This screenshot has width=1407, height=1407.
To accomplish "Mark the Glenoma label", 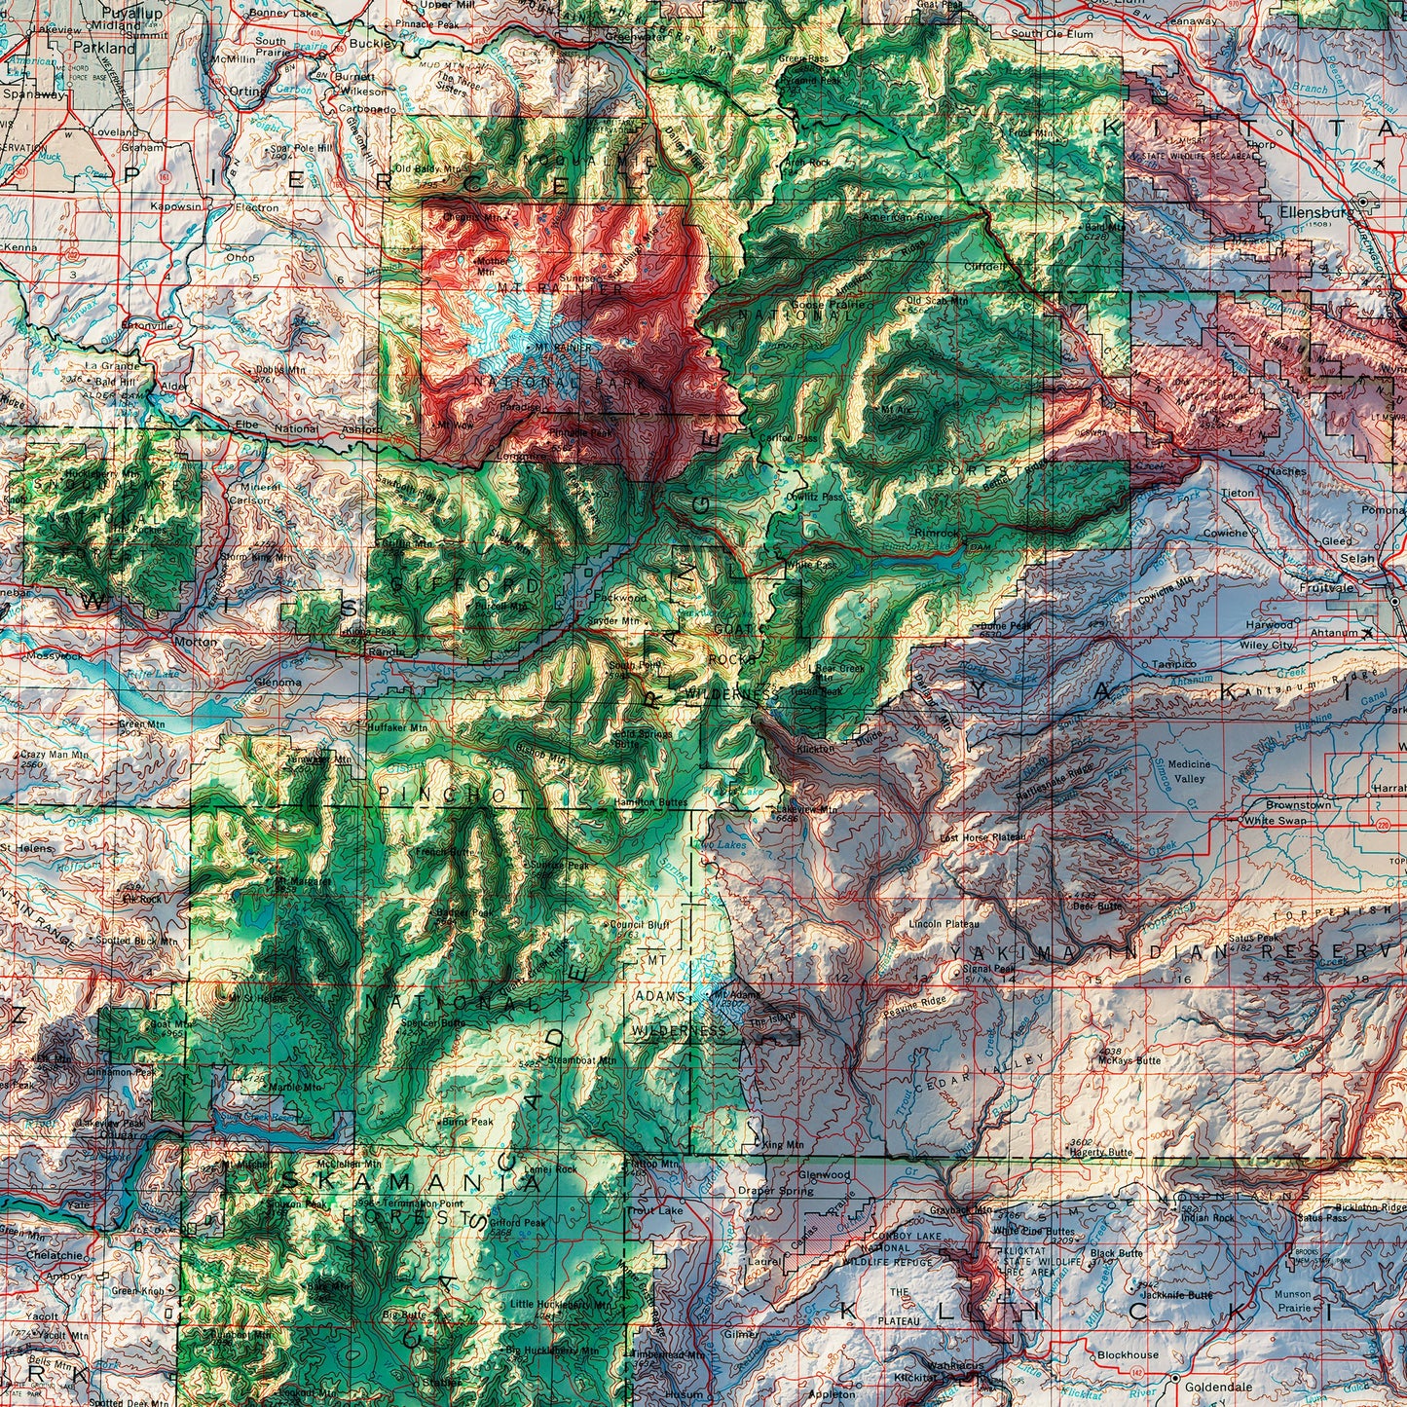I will pyautogui.click(x=278, y=683).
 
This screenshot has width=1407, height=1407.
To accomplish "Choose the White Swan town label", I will pyautogui.click(x=1276, y=820).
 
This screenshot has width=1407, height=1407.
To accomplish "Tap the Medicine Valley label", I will pyautogui.click(x=1189, y=771).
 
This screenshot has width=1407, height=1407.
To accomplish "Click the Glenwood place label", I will pyautogui.click(x=824, y=1174).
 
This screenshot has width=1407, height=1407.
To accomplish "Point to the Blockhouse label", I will pyautogui.click(x=1128, y=1354).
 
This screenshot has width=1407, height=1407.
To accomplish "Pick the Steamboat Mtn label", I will pyautogui.click(x=581, y=1059).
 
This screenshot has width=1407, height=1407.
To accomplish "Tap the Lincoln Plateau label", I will pyautogui.click(x=944, y=923).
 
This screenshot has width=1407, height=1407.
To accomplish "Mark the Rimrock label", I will pyautogui.click(x=937, y=534).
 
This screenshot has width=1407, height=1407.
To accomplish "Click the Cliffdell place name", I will pyautogui.click(x=984, y=265).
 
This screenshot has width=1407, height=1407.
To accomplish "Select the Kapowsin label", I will pyautogui.click(x=175, y=206).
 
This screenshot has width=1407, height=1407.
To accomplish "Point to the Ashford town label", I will pyautogui.click(x=361, y=428).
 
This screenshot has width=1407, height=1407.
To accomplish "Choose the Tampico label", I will pyautogui.click(x=1173, y=664).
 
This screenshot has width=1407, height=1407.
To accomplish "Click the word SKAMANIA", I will pyautogui.click(x=410, y=1182).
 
